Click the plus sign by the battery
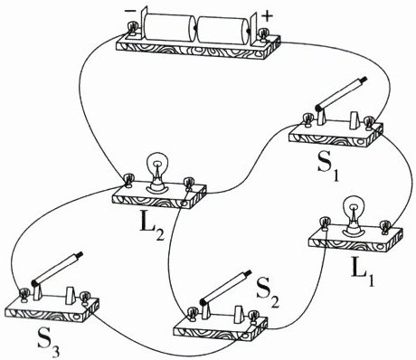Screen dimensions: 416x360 267,16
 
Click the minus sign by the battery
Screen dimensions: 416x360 130,11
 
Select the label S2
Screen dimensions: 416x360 268,295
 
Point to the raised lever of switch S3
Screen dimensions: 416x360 57,269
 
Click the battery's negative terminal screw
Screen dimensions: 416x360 132,30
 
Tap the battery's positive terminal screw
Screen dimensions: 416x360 264,34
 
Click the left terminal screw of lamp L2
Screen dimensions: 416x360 128,180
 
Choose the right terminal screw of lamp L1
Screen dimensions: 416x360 385,227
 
